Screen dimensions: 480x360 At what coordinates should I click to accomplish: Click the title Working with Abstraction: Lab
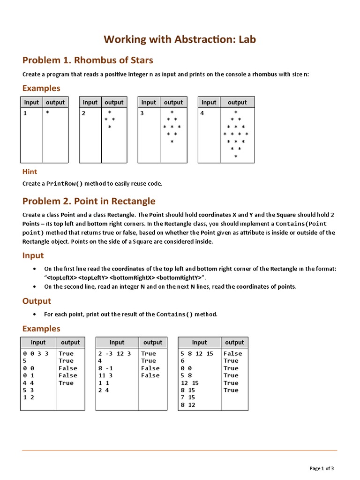click(180, 39)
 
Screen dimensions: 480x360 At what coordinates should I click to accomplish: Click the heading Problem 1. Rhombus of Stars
click(88, 60)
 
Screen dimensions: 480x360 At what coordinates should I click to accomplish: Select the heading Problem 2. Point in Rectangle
click(89, 201)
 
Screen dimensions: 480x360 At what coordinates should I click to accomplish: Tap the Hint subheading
click(30, 172)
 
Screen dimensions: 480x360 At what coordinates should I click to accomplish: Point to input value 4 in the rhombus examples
click(202, 113)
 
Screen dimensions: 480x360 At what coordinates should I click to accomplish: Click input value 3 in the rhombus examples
click(142, 113)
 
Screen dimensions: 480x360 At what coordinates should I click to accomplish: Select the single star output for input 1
click(47, 113)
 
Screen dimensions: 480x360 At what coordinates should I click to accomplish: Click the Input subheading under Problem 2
click(33, 255)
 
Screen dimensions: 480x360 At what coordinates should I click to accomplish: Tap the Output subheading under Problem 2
click(37, 301)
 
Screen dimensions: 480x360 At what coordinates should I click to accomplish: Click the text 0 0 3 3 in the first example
click(36, 353)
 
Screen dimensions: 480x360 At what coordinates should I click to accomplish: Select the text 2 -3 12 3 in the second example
click(114, 353)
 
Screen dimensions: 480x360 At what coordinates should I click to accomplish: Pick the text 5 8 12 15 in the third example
click(197, 353)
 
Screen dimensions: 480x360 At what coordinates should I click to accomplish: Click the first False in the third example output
click(232, 353)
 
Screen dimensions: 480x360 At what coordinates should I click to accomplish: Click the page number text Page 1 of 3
click(322, 468)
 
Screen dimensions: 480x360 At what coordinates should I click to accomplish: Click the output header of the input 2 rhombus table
click(114, 102)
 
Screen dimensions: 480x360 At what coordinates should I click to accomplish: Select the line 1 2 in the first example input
click(28, 397)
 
